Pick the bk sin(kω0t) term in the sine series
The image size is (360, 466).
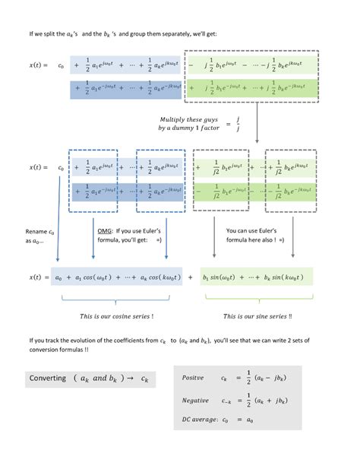pos(286,277)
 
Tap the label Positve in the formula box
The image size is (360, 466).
pos(196,378)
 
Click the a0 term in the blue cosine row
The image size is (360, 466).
pos(67,277)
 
